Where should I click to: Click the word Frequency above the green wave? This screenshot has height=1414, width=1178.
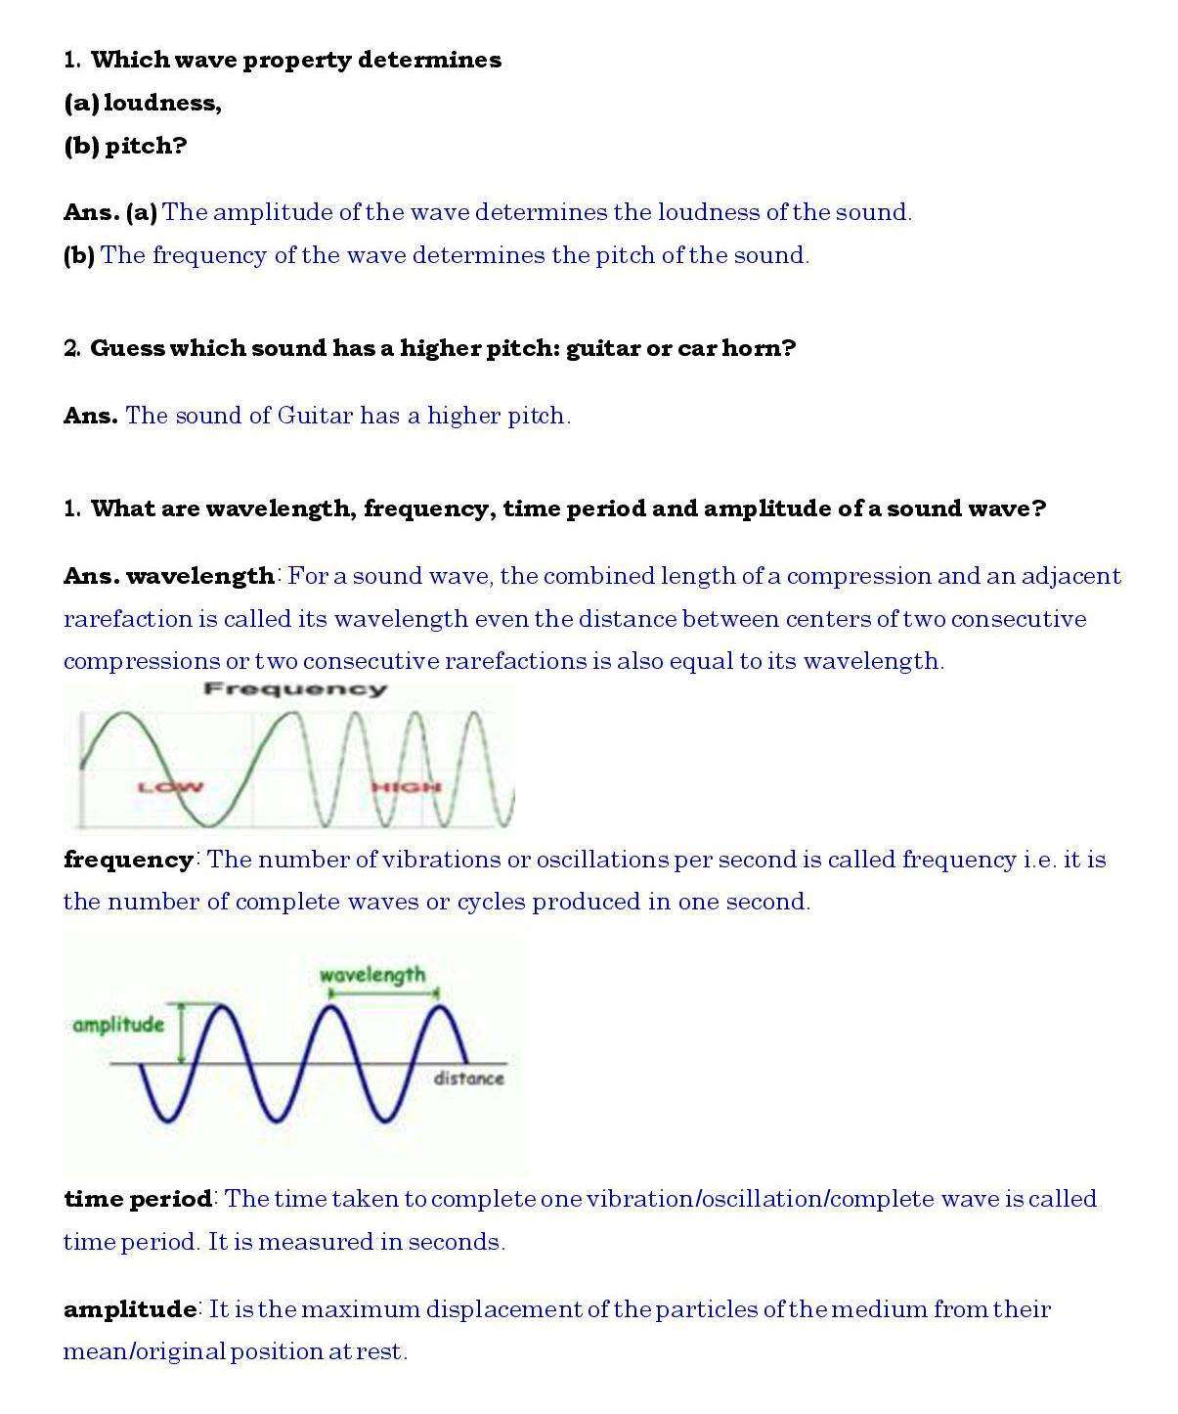[295, 689]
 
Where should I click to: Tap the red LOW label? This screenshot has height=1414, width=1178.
[170, 787]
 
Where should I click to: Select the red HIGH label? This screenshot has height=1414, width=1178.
[407, 787]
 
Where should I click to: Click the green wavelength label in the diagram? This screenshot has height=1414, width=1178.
[372, 975]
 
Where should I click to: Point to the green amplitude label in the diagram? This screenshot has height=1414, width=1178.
[118, 1025]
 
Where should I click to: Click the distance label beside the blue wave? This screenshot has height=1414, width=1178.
[468, 1079]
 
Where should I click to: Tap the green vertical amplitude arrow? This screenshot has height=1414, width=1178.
[181, 1033]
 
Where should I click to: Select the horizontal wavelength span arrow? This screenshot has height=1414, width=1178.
[384, 994]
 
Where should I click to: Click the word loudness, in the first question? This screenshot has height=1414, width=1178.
[162, 103]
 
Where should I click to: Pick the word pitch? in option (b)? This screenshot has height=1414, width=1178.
[146, 146]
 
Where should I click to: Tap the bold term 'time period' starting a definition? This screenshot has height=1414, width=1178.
[138, 1199]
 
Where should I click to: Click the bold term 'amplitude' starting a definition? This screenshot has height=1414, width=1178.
[130, 1309]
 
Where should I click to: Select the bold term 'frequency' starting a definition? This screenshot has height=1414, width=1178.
[128, 860]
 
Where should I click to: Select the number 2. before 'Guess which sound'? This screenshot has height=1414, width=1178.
[72, 348]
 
